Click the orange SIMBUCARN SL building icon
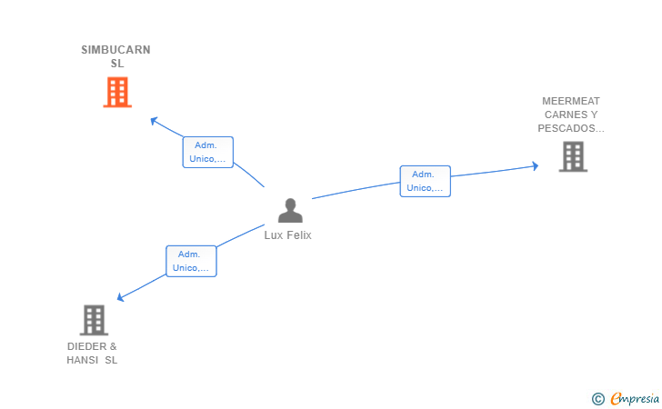click(x=117, y=92)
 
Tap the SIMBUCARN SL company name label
click(x=115, y=56)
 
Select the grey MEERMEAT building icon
click(x=572, y=156)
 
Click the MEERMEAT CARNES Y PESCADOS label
click(x=571, y=115)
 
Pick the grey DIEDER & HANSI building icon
click(x=94, y=320)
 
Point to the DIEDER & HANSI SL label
click(x=92, y=353)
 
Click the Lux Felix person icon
click(x=290, y=211)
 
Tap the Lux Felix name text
click(x=287, y=234)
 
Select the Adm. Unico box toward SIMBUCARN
click(x=208, y=152)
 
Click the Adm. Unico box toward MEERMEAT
click(x=425, y=181)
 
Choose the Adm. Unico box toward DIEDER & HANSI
click(x=191, y=261)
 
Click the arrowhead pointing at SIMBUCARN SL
click(x=154, y=120)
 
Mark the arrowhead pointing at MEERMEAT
click(x=536, y=165)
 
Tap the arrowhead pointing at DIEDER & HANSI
click(x=121, y=296)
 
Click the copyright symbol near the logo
click(x=597, y=398)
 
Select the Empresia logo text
click(x=635, y=398)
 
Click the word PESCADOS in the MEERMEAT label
click(x=570, y=128)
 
